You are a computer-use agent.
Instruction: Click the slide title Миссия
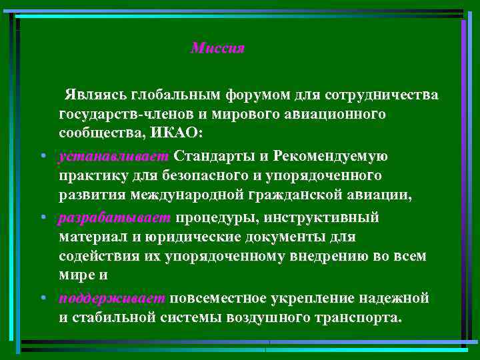tap(217, 49)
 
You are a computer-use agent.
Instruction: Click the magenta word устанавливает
tap(115, 156)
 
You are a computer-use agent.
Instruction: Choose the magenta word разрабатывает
tap(115, 218)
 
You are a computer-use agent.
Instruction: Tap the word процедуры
tap(215, 218)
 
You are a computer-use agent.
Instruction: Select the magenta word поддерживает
tap(113, 298)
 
